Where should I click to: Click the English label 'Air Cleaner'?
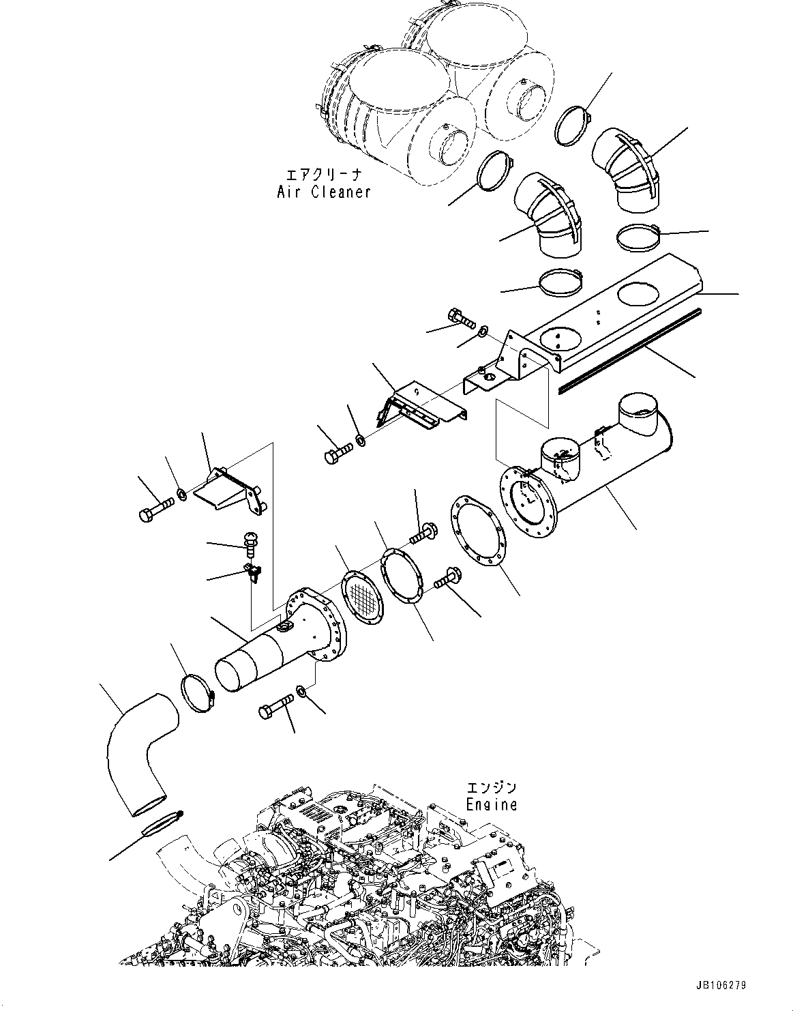pos(324,192)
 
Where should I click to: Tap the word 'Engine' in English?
pos(491,805)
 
